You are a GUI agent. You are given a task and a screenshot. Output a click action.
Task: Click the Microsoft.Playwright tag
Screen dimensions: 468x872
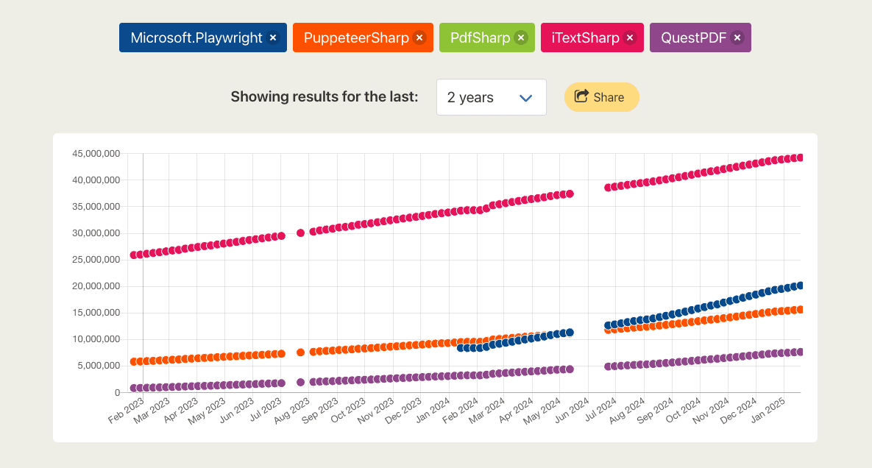click(196, 38)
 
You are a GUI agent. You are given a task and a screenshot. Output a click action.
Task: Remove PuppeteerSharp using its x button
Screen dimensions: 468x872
click(419, 38)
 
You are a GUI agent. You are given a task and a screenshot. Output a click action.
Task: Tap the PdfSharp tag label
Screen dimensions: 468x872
click(480, 38)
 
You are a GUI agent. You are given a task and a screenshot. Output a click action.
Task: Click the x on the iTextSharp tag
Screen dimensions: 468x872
click(630, 38)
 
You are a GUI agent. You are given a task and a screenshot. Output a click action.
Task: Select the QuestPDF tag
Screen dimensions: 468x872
click(693, 38)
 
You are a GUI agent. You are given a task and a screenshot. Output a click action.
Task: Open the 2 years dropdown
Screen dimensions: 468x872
click(491, 97)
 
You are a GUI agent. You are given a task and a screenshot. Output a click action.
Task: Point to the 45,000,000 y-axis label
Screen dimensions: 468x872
click(96, 154)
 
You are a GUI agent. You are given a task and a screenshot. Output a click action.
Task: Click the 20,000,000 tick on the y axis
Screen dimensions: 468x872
click(96, 286)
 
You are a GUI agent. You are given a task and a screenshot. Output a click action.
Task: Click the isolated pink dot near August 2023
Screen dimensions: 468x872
click(300, 233)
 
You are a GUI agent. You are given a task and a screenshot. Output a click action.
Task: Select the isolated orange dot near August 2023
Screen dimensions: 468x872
click(300, 352)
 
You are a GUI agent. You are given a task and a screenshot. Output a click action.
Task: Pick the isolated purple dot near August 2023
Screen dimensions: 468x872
click(300, 382)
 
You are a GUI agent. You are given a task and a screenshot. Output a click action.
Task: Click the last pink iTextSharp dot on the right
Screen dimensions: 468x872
click(800, 157)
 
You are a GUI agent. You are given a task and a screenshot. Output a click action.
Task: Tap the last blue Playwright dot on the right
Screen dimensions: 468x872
click(800, 286)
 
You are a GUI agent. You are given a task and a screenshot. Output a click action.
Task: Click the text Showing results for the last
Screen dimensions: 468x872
click(325, 97)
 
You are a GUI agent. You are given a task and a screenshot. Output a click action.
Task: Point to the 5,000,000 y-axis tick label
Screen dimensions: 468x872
click(99, 366)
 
